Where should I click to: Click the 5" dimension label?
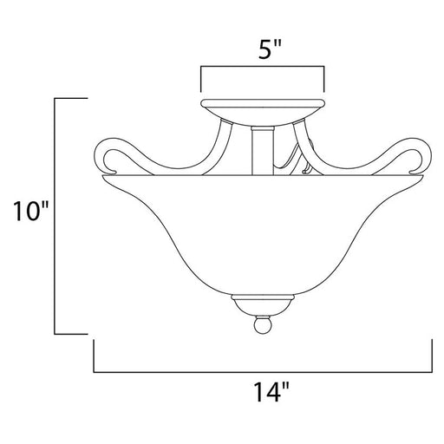pos(270,49)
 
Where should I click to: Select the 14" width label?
pos(271,392)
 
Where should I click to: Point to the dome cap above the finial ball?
pos(263,305)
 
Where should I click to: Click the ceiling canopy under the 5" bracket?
pos(263,112)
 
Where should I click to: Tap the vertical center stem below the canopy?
pos(263,151)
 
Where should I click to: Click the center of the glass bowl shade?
pos(263,234)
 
